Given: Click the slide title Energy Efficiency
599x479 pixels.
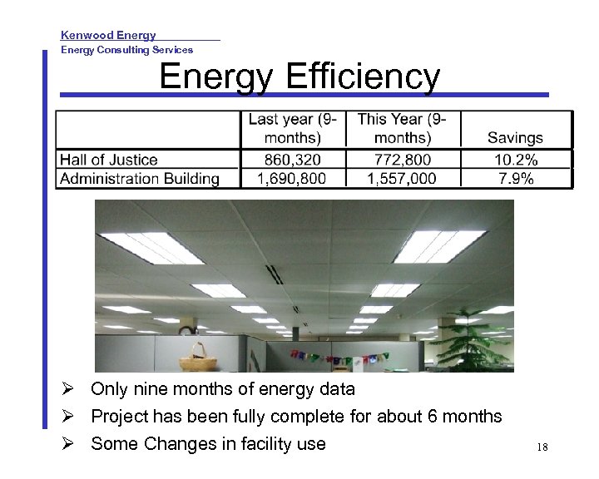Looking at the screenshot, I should (299, 77).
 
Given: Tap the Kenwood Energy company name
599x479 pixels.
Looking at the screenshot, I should (108, 35).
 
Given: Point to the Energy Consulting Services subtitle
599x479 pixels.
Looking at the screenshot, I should (126, 50).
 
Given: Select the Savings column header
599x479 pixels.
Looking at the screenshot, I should (515, 138).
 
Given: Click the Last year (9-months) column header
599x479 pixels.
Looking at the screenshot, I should (292, 128).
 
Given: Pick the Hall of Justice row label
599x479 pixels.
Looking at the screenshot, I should (109, 160).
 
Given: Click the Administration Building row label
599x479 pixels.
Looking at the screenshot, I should (140, 179).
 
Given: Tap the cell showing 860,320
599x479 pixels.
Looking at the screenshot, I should (292, 160).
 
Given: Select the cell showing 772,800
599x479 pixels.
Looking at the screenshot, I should (403, 160).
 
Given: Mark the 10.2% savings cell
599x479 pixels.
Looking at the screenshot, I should (515, 160).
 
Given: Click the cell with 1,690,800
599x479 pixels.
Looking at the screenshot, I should (291, 179).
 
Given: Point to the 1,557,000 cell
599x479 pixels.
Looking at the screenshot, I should (403, 179).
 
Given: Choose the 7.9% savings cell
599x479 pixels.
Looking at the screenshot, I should (515, 179).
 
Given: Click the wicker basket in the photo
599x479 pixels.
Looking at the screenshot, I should (199, 358).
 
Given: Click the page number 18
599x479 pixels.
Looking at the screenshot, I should (542, 447).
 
